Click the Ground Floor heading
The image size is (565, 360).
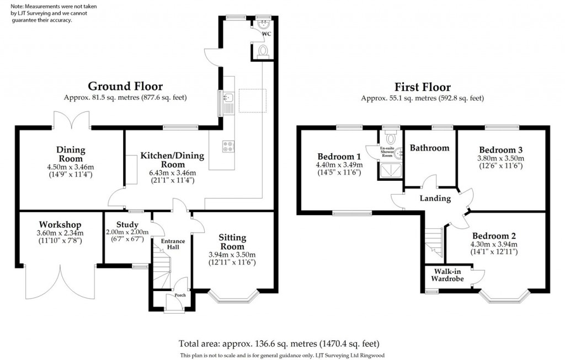tap(125, 86)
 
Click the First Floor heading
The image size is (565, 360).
tap(422, 87)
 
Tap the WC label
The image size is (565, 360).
tap(266, 34)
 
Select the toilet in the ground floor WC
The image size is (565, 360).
tap(263, 51)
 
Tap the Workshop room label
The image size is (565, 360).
tap(60, 225)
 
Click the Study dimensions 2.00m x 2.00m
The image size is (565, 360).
tap(124, 232)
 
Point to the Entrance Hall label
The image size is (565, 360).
tap(173, 245)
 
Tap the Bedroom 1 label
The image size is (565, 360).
tap(339, 155)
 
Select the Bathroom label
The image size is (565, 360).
tap(430, 148)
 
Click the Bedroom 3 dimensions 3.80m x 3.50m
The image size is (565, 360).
tap(500, 158)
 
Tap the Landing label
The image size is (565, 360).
tap(435, 198)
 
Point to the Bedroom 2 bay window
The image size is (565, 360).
tap(505, 298)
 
